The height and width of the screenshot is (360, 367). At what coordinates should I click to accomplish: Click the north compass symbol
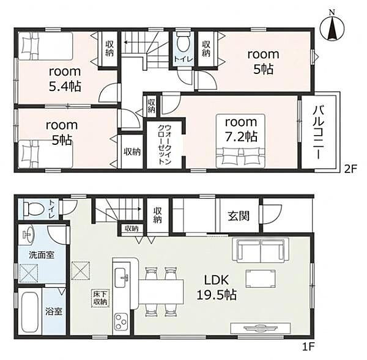332,29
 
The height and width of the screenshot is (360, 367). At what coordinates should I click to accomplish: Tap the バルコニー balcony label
319,132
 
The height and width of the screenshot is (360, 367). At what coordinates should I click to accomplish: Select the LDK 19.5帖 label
217,287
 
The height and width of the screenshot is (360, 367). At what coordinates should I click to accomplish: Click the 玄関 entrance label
239,216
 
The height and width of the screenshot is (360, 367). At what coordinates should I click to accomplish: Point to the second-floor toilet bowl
183,43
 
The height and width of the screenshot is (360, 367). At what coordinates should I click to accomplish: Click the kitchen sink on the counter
122,277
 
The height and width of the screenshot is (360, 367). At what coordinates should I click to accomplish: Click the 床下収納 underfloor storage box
100,298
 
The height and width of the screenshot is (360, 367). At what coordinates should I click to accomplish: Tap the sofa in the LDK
261,251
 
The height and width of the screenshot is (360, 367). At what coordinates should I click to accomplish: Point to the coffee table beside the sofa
261,278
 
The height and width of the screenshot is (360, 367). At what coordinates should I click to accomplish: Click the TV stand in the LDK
261,328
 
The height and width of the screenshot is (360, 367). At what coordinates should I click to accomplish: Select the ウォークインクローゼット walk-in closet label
165,145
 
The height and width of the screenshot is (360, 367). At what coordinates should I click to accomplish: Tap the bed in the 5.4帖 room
45,46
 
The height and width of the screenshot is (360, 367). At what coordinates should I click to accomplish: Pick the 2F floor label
350,169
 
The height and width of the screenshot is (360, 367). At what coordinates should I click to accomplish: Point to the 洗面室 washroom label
42,255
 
